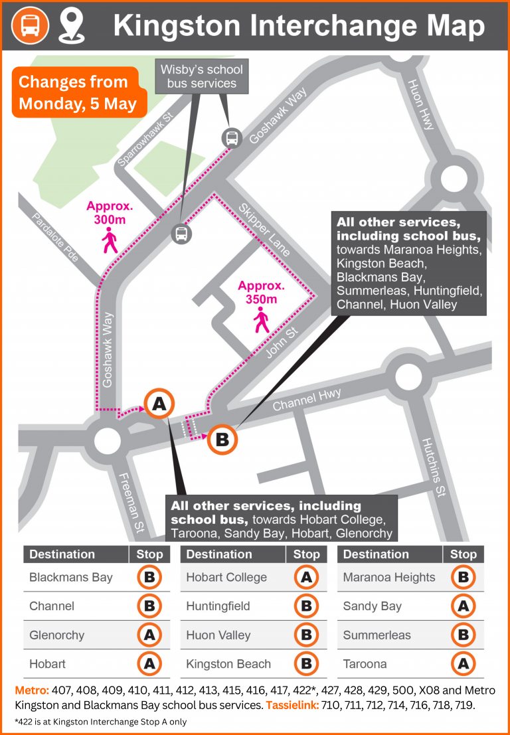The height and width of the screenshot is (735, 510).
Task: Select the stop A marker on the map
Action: [x=159, y=403]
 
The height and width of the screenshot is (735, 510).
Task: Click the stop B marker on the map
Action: [x=222, y=440]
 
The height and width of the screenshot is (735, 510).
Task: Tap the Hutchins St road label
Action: [x=432, y=467]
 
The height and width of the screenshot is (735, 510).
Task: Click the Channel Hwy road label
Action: [x=307, y=399]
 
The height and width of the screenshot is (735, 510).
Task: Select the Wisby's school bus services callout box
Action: [x=201, y=76]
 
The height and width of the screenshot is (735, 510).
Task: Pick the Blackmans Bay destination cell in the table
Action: [x=71, y=577]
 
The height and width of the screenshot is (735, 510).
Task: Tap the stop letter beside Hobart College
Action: [x=306, y=577]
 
